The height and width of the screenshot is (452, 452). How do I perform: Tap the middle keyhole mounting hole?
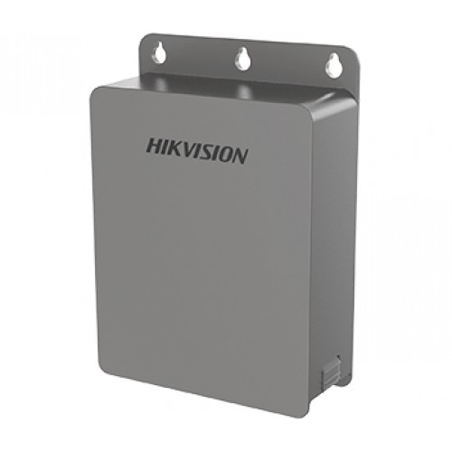coord(241,60)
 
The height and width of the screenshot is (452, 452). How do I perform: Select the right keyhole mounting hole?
coord(331,64)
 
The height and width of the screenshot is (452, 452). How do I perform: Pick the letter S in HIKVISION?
coord(206,152)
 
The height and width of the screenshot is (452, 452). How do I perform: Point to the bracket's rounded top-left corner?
coord(146,38)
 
